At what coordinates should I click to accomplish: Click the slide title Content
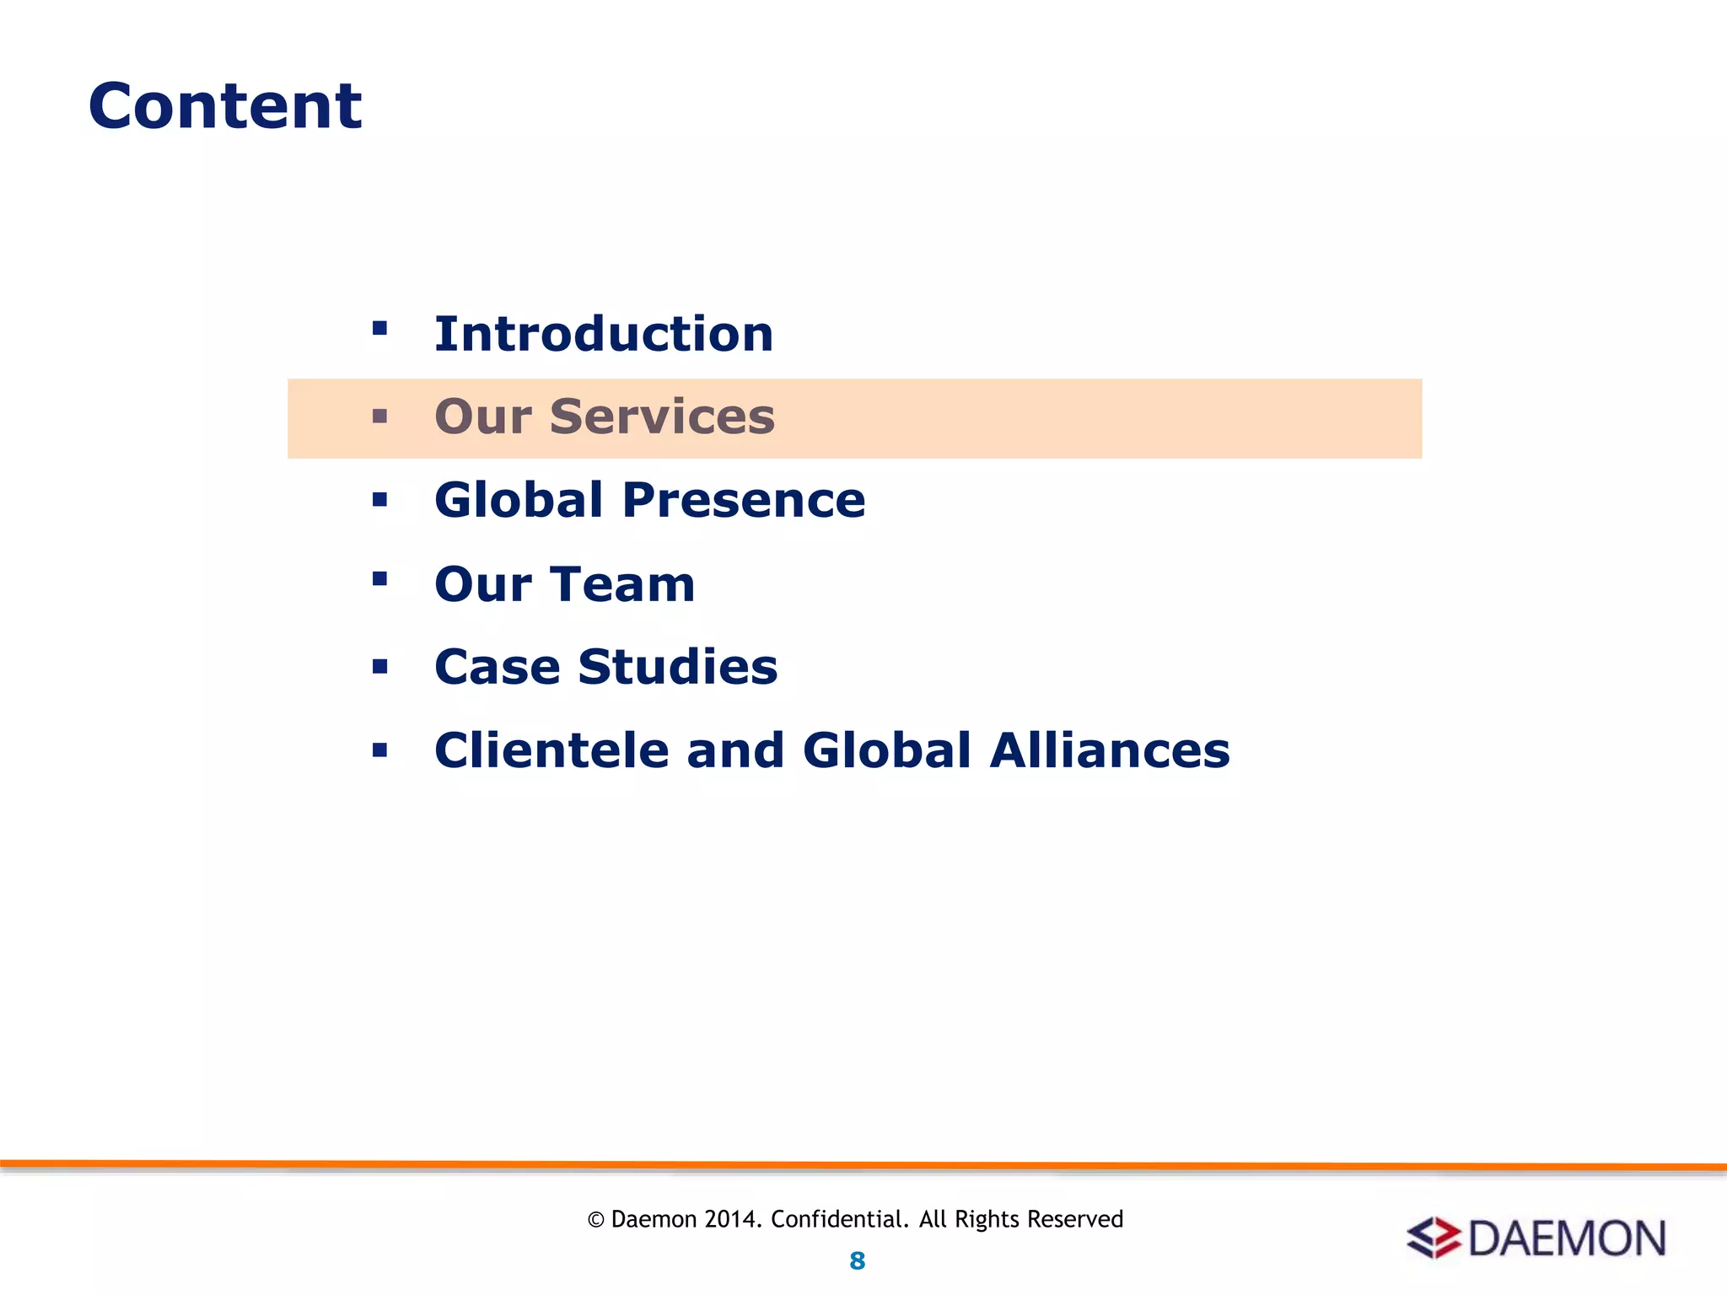[225, 106]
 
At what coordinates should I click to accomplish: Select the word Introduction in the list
[604, 334]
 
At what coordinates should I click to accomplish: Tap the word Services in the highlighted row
[662, 416]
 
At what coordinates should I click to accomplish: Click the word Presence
[744, 500]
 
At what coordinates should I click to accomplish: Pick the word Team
[623, 583]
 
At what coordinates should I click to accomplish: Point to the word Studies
[677, 667]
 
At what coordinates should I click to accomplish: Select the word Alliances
[1110, 750]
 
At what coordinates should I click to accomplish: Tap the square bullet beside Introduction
[379, 328]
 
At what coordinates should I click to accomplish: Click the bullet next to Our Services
[379, 416]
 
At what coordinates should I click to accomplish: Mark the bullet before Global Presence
[379, 500]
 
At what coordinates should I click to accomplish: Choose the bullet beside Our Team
[379, 578]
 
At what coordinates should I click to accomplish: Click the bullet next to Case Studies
[379, 667]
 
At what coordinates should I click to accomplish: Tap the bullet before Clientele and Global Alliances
[379, 750]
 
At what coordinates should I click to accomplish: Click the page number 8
[857, 1261]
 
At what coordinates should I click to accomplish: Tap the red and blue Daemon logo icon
[1433, 1238]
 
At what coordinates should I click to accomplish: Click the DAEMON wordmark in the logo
[1567, 1239]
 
